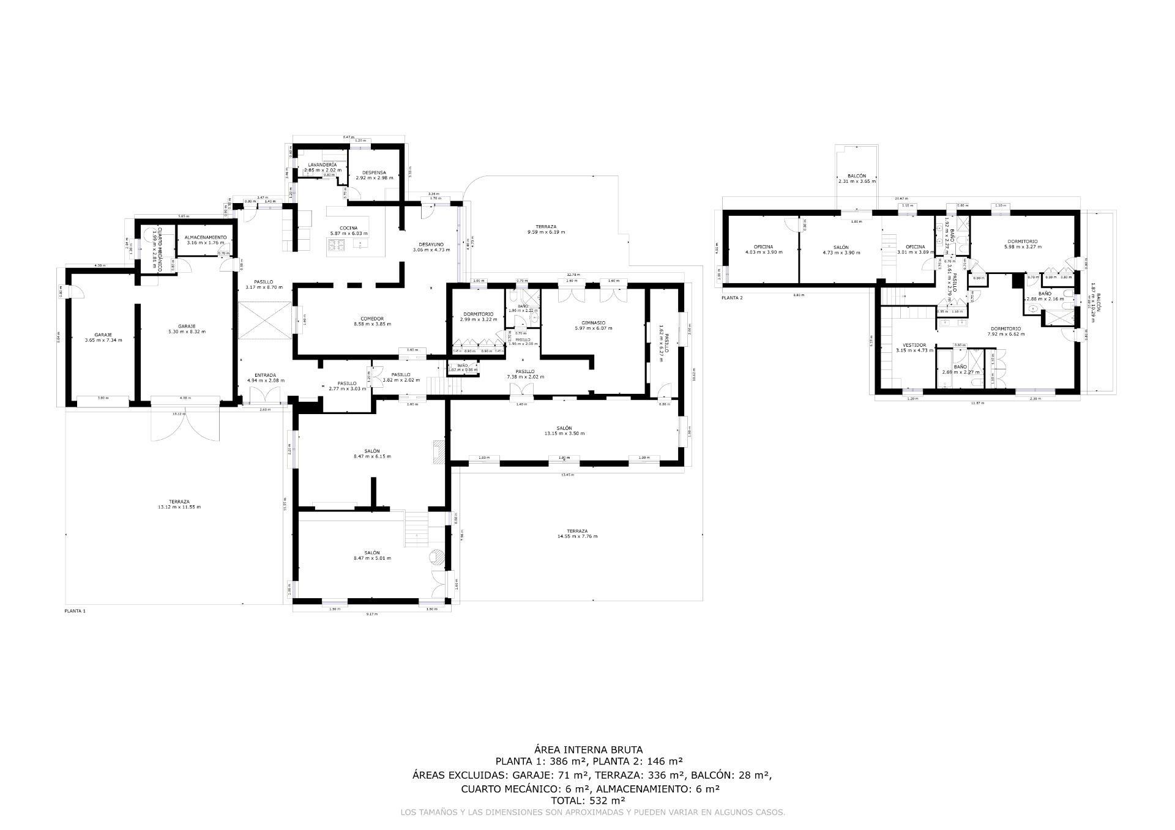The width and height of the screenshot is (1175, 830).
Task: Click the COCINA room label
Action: tap(349, 228)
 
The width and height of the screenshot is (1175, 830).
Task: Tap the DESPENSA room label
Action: tap(374, 172)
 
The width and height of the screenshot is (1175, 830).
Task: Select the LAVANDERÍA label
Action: tap(322, 165)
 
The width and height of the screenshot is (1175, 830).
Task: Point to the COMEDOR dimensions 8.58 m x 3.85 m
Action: tap(372, 324)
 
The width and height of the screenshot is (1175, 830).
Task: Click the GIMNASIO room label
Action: tap(593, 322)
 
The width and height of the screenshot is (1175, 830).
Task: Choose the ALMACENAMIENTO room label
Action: tap(206, 237)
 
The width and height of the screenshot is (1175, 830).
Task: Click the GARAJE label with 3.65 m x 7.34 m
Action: tap(103, 335)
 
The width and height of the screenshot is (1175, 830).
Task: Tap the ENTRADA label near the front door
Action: tap(266, 375)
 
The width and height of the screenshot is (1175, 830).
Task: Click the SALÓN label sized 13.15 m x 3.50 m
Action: tap(564, 428)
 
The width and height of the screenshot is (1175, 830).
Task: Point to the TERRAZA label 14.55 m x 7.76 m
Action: tap(577, 531)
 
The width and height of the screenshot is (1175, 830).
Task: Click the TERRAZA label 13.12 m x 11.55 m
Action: tap(180, 502)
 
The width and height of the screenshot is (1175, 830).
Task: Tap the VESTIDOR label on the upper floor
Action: tap(914, 345)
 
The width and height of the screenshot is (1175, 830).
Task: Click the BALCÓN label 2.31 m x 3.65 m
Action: tap(857, 176)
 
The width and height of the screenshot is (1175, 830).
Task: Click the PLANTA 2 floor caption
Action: tap(732, 298)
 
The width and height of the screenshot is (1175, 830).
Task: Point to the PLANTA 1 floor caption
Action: tap(75, 611)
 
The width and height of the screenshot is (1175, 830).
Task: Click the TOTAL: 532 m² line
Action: tap(588, 800)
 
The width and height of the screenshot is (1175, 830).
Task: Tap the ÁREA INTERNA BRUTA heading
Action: tap(588, 749)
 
